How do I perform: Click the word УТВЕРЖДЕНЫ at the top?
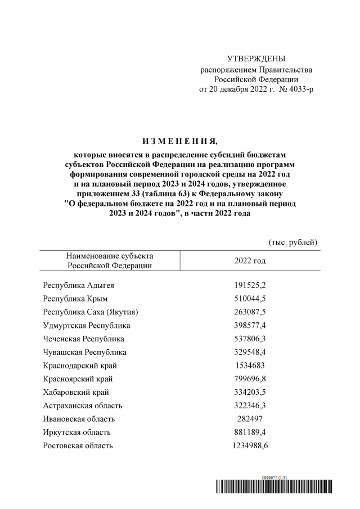pos(255,58)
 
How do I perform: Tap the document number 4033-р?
pos(300,89)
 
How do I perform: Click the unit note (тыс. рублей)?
pos(293,242)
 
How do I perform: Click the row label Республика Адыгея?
pos(78,285)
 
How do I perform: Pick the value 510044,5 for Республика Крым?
pos(250,299)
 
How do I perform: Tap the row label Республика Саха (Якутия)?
pos(91,312)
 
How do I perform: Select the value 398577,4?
pos(250,326)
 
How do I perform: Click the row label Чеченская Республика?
pos(84,339)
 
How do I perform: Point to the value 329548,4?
pos(250,353)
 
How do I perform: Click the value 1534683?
pos(250,366)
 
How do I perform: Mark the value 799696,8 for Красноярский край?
pos(250,379)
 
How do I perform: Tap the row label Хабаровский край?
pos(76,392)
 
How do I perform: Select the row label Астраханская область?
pos(83,406)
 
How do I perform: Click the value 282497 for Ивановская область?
pos(250,419)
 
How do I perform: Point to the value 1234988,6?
pos(250,446)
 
